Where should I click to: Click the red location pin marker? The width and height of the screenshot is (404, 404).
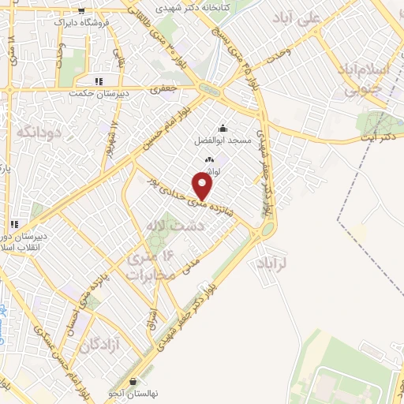(204, 186)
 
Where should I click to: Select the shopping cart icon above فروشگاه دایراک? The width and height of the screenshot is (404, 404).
(83, 11)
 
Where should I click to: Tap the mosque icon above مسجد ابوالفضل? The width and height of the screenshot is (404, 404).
(223, 129)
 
